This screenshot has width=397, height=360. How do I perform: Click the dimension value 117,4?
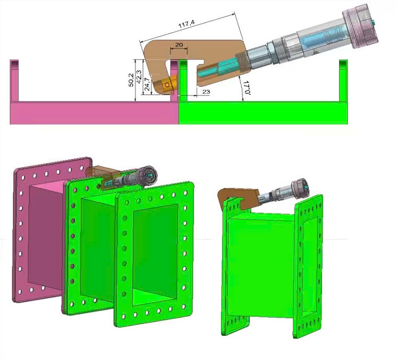point(187,24)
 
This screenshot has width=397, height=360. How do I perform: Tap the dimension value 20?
point(179,45)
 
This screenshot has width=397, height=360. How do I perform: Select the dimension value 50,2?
point(131,80)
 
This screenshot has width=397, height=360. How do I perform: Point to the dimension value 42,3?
point(139,76)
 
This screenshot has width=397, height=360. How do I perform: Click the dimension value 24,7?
point(147,84)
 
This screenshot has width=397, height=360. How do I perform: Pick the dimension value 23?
point(206,91)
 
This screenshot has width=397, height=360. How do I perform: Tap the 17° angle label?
point(247,87)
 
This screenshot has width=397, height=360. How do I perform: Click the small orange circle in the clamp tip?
point(167,85)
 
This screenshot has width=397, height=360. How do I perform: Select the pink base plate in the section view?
point(95,113)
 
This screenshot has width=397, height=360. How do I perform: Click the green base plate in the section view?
point(263,113)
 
